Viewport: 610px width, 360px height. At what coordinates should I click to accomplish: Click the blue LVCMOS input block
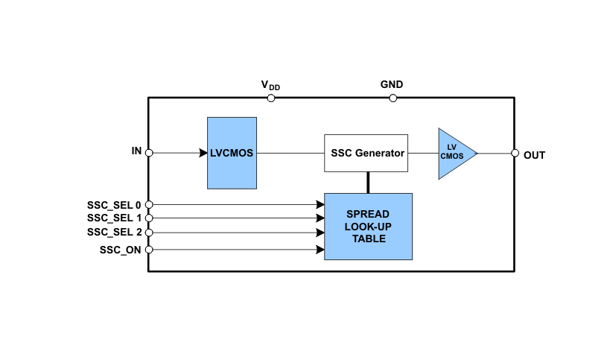(x=232, y=153)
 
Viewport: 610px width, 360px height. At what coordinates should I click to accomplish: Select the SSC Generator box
(x=366, y=153)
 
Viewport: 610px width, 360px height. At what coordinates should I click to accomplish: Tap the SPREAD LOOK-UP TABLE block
(x=368, y=227)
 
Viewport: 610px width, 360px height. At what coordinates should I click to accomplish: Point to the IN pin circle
(x=149, y=153)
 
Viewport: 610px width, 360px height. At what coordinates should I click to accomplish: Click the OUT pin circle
(x=515, y=153)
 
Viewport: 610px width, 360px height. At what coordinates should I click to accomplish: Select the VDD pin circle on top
(x=271, y=98)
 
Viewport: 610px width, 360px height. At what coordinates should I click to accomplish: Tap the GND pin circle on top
(x=393, y=98)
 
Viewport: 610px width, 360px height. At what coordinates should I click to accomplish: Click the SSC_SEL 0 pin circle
(x=149, y=204)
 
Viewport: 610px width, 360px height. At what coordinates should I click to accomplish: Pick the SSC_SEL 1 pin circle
(x=149, y=218)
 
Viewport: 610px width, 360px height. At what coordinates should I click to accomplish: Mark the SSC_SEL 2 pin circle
(x=149, y=233)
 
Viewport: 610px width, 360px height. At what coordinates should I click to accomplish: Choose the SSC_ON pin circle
(x=149, y=250)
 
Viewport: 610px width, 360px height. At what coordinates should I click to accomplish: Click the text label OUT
(x=534, y=156)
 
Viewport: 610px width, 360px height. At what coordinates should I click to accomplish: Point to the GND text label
(x=392, y=85)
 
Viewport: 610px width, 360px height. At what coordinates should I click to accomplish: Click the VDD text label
(x=270, y=86)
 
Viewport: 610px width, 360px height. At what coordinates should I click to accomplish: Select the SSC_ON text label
(x=120, y=250)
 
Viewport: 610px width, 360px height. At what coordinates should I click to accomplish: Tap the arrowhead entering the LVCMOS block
(x=203, y=153)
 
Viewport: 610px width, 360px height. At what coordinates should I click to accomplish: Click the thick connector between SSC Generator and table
(x=368, y=183)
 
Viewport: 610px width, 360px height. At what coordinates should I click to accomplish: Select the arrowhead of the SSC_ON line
(x=320, y=250)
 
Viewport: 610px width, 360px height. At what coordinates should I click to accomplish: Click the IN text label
(x=136, y=151)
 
